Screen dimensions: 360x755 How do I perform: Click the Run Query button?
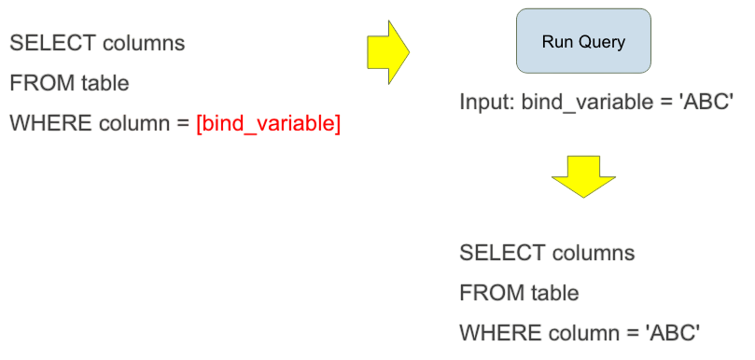pyautogui.click(x=583, y=42)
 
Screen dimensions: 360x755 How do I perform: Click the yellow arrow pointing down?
pyautogui.click(x=583, y=176)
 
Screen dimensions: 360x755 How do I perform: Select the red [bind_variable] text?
pyautogui.click(x=268, y=123)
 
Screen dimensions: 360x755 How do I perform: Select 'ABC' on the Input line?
pyautogui.click(x=708, y=101)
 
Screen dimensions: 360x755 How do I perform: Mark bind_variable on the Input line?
pyautogui.click(x=580, y=101)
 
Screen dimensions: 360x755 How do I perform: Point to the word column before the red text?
pyautogui.click(x=133, y=123)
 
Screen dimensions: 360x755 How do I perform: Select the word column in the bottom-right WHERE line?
pyautogui.click(x=583, y=333)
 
